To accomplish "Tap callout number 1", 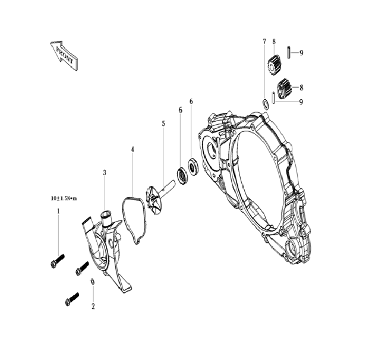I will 58,211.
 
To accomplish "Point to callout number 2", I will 93,307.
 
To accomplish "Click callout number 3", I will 105,172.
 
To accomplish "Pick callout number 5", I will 163,123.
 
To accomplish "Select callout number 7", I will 264,42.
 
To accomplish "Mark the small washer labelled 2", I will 93,281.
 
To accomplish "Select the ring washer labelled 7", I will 265,105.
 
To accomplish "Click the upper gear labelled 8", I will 275,64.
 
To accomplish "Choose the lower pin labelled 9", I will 273,97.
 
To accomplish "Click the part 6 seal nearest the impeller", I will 180,175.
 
